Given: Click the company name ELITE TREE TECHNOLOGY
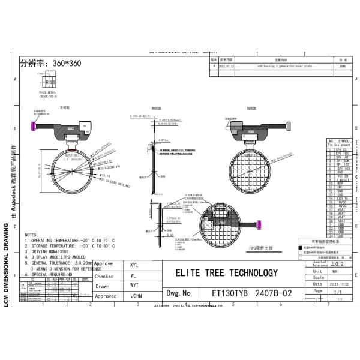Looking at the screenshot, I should [x=226, y=273].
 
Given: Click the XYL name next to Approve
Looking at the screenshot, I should [x=134, y=264].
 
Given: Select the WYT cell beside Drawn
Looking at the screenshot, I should [x=134, y=286].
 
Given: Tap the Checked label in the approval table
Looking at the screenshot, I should [x=104, y=276].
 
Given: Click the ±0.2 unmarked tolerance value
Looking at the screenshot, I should [x=337, y=263].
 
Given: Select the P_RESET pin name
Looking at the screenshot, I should [x=343, y=179].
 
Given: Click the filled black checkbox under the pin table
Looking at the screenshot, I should [x=300, y=247].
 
